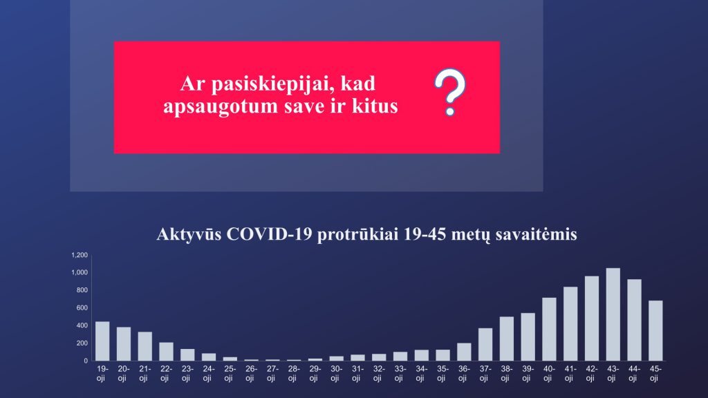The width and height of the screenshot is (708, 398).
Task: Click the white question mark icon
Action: (450, 92)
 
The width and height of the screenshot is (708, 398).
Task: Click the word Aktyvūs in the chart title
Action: (189, 235)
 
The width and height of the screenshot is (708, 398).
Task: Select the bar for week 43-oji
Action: (613, 314)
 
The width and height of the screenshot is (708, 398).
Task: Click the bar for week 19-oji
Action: (102, 341)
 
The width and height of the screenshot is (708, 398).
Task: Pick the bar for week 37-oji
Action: (485, 344)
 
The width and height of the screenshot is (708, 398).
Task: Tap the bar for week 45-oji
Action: (655, 331)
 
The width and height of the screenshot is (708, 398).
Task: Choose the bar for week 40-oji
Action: (549, 330)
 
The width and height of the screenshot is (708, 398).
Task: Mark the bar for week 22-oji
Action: (166, 352)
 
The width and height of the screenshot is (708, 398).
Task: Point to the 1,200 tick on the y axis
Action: (80, 255)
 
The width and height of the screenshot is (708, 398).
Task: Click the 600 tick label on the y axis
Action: (82, 307)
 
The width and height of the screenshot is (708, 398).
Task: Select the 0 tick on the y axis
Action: (86, 361)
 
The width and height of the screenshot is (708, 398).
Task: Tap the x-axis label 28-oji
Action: (293, 373)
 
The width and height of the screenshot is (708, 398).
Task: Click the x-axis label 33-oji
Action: (400, 373)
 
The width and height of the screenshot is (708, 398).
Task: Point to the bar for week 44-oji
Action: (635, 320)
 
